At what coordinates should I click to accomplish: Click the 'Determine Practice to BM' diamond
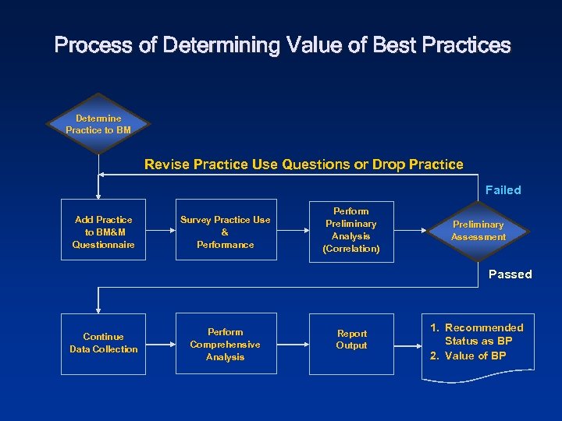(98, 125)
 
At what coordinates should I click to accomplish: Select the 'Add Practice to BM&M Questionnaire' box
(103, 232)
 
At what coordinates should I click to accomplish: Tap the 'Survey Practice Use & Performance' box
(225, 232)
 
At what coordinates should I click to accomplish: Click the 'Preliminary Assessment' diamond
(478, 231)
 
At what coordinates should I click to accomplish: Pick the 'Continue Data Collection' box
(103, 343)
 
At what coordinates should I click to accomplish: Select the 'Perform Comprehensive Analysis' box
(225, 344)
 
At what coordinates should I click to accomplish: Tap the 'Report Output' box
(351, 339)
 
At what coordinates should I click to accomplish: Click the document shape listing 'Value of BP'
(478, 343)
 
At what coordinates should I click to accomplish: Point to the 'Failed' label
(503, 190)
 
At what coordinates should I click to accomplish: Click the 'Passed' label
(510, 274)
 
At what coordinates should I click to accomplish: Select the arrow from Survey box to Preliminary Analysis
(293, 232)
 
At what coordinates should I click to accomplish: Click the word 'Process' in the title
(93, 45)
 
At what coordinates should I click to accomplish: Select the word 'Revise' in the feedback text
(167, 165)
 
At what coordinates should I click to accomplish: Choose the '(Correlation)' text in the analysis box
(351, 249)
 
